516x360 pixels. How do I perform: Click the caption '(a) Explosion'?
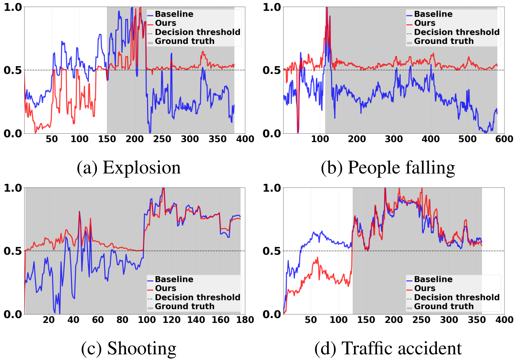129,168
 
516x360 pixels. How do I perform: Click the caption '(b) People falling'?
388,168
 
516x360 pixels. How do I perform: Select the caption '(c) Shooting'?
129,348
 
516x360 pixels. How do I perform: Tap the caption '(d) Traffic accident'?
388,348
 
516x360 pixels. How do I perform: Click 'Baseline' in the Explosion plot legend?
174,14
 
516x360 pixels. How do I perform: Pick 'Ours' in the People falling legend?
425,23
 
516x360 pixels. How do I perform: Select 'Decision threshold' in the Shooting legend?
197,297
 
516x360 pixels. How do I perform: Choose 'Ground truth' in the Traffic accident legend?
444,306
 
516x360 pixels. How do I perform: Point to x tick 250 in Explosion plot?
162,139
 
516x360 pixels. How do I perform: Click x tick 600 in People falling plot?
504,139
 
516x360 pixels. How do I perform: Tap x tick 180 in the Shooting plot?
245,320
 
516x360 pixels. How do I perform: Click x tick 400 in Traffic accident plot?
504,320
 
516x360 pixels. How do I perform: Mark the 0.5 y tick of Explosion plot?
12,70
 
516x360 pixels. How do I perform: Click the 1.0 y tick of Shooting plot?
12,188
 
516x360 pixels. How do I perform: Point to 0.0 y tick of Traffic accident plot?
272,314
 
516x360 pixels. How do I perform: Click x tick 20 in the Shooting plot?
49,320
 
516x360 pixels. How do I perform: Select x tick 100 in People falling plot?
320,139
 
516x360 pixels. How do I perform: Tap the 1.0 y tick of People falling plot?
272,7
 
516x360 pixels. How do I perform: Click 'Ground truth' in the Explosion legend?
184,41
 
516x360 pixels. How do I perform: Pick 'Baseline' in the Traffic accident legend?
433,279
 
